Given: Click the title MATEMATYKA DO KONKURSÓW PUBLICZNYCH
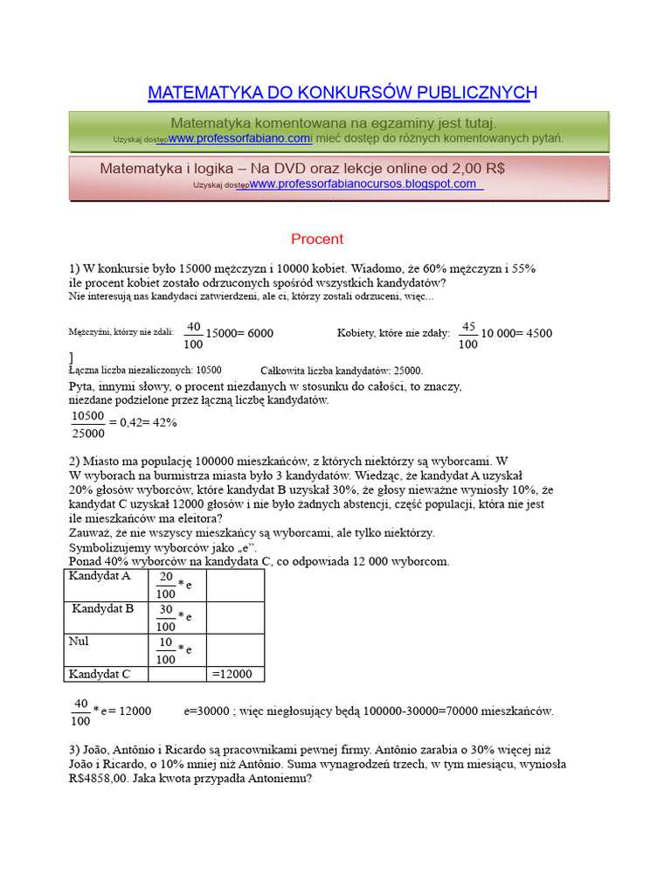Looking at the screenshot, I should point(342,93).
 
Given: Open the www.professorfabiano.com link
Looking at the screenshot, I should point(239,139).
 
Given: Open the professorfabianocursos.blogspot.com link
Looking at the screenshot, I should point(364,184).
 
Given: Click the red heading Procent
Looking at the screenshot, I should point(317,239).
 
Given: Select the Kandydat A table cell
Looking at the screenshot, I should point(100,577).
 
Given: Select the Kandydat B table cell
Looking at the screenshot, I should point(103,608).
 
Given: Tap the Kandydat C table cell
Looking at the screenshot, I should point(100,674).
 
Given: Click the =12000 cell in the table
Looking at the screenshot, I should point(232,674).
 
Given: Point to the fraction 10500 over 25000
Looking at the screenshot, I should point(87,424).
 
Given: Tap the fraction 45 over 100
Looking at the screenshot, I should point(468,335).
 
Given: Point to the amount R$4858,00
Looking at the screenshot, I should point(103,780).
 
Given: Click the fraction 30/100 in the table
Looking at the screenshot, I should point(166,617).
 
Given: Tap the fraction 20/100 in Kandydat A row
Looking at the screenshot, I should point(166,585).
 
